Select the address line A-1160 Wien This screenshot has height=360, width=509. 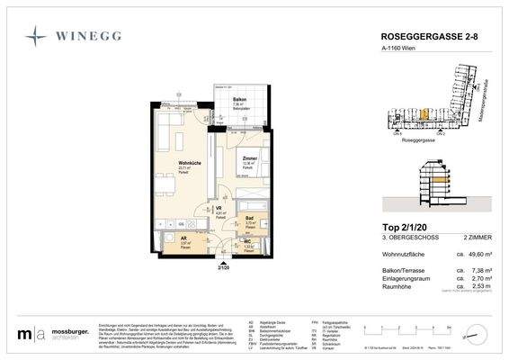coord(394,53)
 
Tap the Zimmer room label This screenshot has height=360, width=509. coord(249,159)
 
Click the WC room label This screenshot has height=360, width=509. coord(247,242)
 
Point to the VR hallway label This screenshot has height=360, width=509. coord(219,209)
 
